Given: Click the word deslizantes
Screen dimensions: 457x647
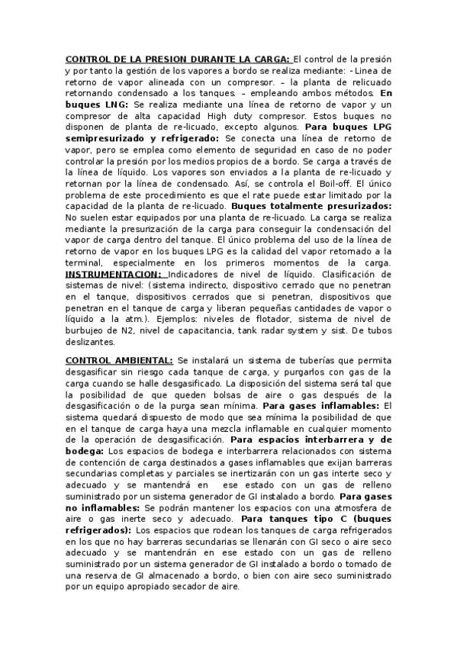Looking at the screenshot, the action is coord(90,342).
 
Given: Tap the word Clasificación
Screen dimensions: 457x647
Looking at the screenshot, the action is coord(357,273).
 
